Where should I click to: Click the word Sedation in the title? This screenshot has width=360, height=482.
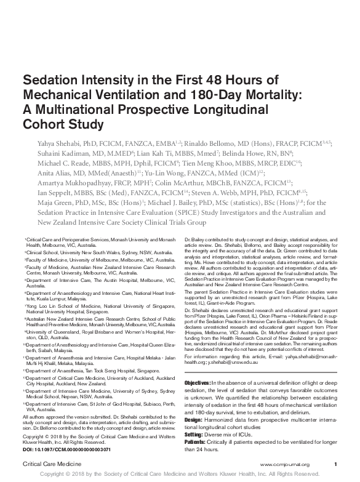(50, 81)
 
